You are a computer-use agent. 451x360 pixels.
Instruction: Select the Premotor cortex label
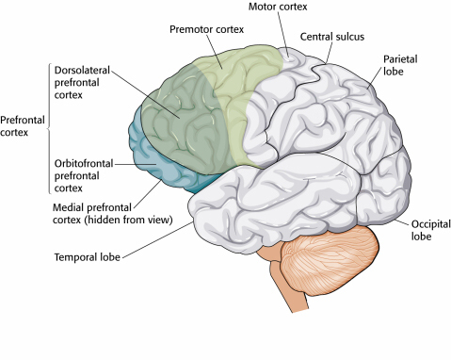[x=205, y=29]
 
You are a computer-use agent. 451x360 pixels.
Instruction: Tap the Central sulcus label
[x=330, y=37]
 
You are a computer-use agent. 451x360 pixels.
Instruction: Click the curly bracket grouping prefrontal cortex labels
[x=48, y=126]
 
